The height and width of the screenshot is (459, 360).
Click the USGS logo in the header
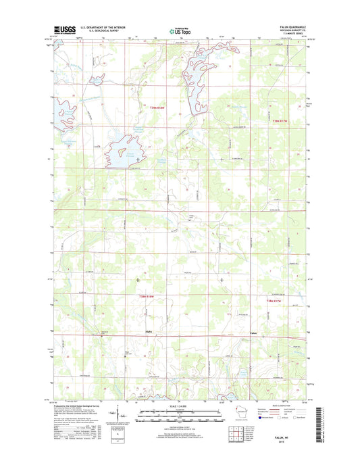[64, 30]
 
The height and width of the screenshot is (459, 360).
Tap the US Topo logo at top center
[179, 30]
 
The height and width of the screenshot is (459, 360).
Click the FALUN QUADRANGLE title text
[291, 27]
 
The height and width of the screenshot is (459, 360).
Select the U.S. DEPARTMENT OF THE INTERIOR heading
[103, 28]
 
